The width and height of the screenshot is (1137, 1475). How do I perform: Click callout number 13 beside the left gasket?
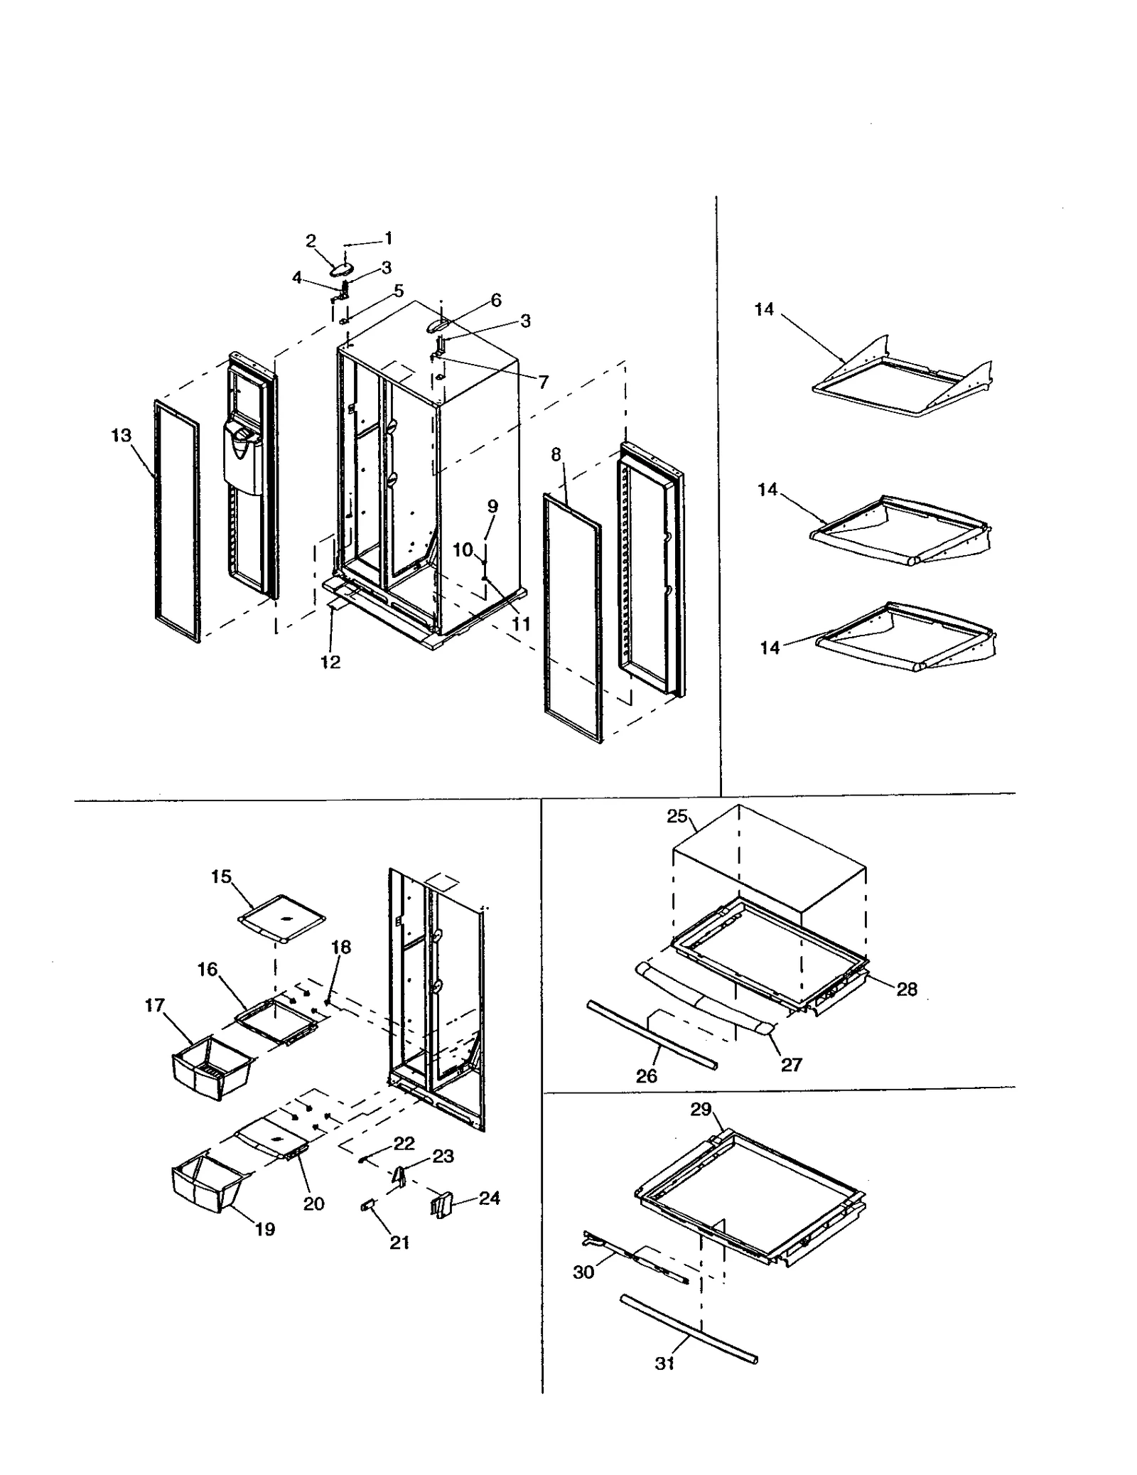pos(121,435)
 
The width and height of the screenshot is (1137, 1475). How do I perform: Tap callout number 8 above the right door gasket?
pos(556,454)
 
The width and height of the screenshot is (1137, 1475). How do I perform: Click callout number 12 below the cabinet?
pos(330,662)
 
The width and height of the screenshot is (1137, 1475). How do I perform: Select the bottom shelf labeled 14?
pos(906,636)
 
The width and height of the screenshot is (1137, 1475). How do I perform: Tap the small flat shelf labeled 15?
pos(282,920)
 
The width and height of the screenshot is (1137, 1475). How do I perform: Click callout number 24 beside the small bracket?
pos(489,1198)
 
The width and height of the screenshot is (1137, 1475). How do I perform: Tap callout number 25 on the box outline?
pos(677,816)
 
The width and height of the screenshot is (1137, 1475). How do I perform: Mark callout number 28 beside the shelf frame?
pos(907,989)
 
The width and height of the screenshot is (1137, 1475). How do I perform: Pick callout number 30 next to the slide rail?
pos(583,1272)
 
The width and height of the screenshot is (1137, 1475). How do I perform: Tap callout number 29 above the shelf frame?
pos(701,1109)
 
